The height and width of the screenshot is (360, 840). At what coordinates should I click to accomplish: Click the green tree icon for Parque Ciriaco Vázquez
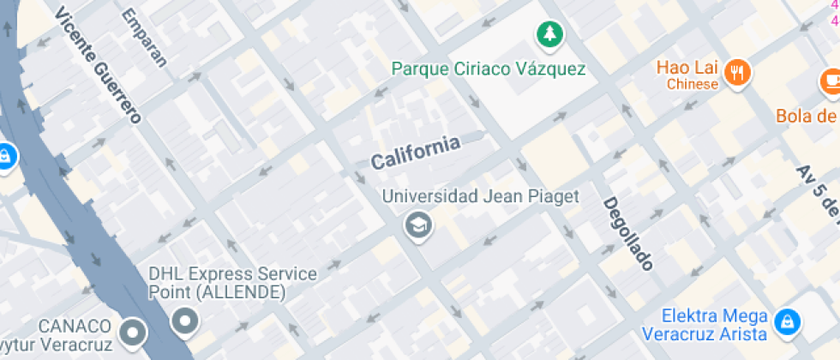[547, 35]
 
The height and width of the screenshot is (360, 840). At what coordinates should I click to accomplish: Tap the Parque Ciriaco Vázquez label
[489, 69]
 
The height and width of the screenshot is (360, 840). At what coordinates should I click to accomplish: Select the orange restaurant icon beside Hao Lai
[737, 74]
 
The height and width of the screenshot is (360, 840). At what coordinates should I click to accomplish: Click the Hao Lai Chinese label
[692, 75]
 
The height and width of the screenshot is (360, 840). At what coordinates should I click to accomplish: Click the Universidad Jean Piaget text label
[480, 196]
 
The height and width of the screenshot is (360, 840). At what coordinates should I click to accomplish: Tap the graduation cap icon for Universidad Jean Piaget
[418, 226]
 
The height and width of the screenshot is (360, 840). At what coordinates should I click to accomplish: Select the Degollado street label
[629, 233]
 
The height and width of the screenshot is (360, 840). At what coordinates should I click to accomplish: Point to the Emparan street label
[143, 38]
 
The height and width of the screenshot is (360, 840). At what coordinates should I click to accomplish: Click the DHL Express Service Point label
[232, 284]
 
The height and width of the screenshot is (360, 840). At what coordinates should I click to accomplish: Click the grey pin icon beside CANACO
[132, 332]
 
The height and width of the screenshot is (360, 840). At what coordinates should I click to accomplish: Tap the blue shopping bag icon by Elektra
[783, 321]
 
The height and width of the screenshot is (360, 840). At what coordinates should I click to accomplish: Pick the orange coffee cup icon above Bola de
[830, 81]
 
